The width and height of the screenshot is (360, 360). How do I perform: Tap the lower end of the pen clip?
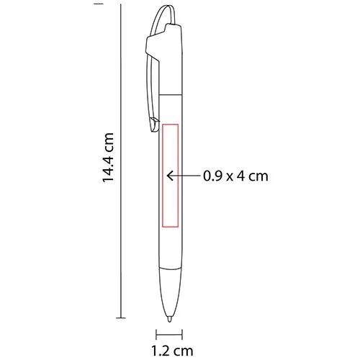coord(153,128)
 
